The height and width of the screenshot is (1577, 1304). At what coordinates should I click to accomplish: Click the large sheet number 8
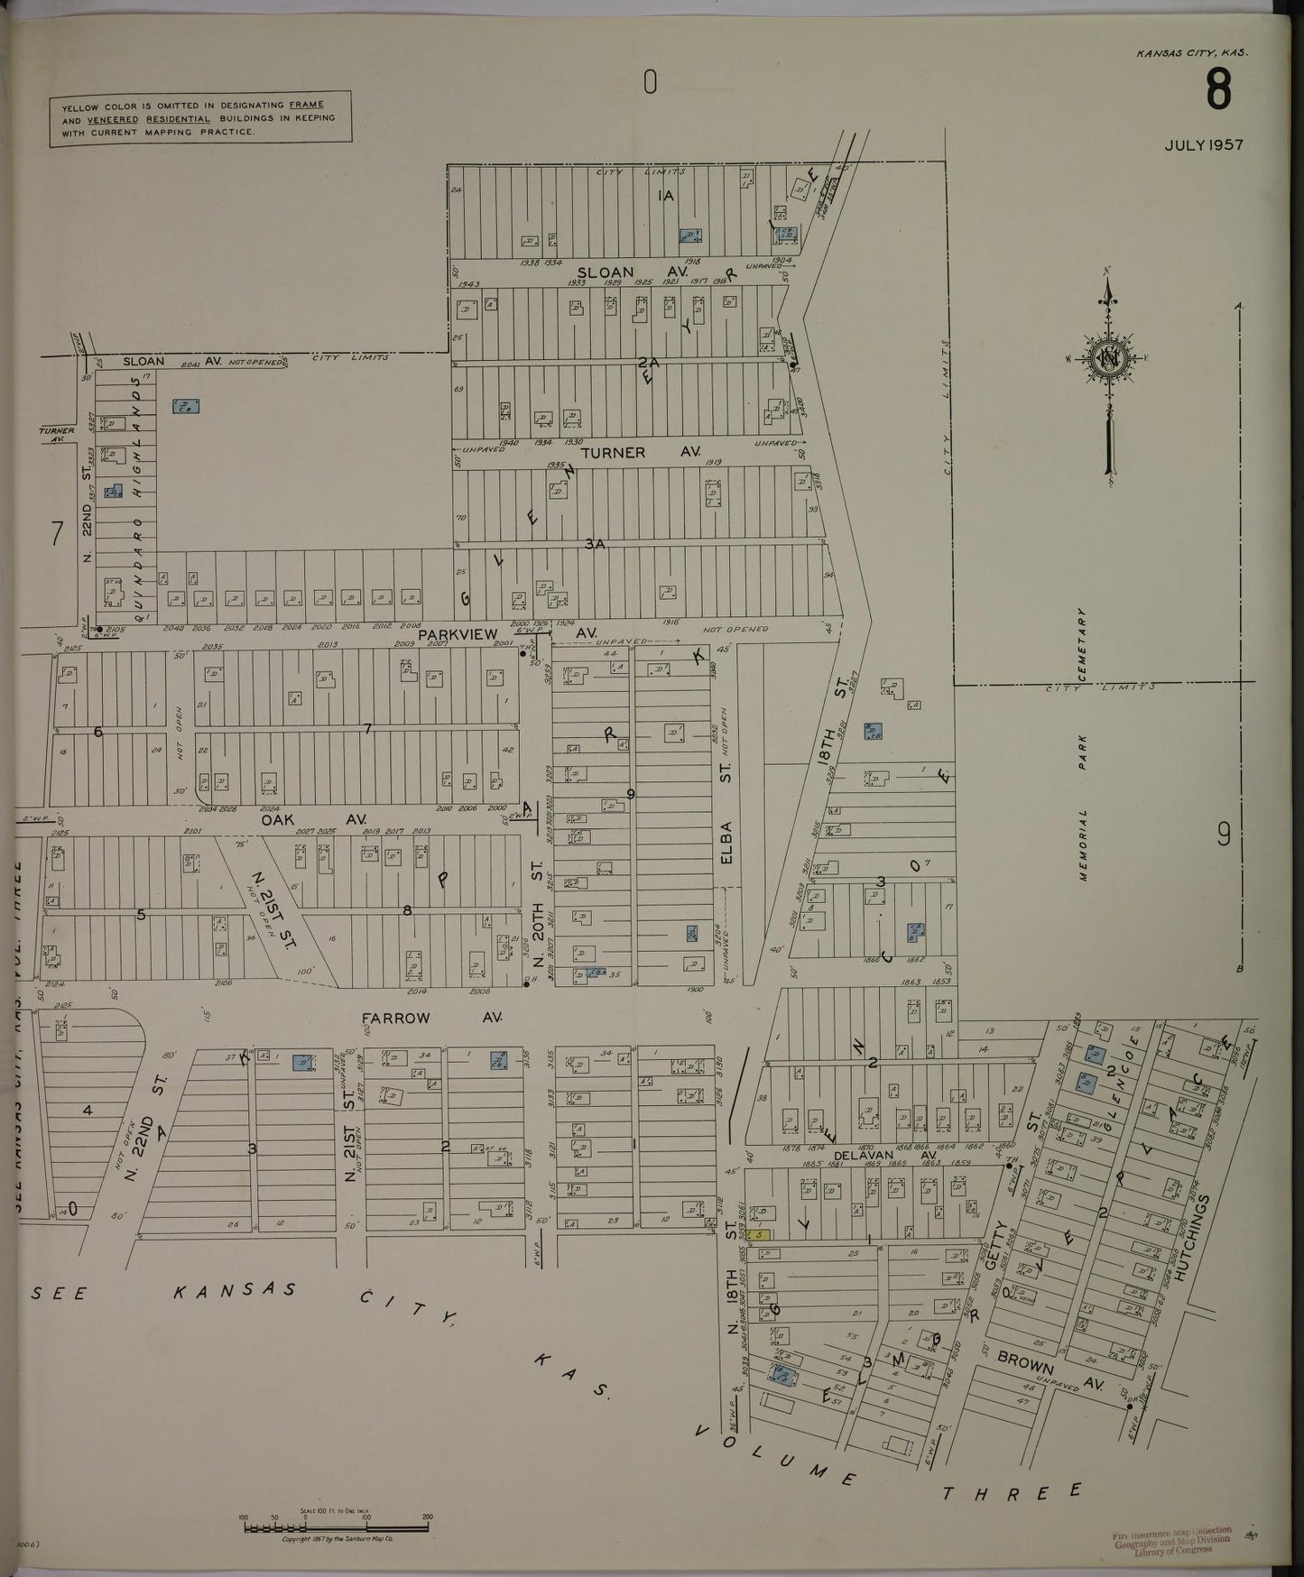pos(1217,90)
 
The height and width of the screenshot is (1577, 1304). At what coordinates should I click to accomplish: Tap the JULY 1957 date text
pos(1203,144)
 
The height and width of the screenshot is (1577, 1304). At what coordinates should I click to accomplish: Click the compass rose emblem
pos(1106,359)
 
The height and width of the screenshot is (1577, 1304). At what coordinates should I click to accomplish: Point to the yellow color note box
pos(199,118)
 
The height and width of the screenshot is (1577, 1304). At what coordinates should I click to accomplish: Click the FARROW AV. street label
pos(431,1018)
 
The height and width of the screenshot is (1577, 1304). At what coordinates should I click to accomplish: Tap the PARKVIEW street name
pos(457,634)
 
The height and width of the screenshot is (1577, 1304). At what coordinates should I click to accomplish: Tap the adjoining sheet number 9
pos(1224,835)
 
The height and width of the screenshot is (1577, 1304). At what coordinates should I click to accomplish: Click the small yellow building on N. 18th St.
pos(761,1234)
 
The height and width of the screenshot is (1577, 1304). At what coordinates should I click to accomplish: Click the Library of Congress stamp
pos(1171,1541)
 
